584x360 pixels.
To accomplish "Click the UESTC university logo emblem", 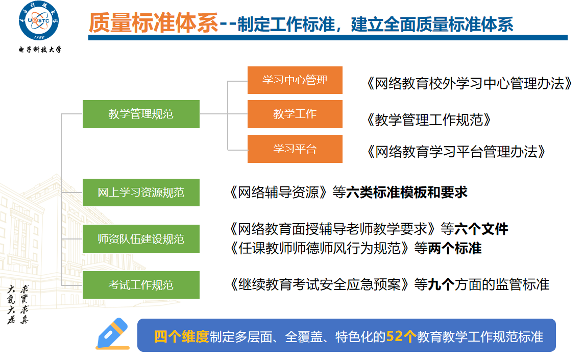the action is coord(39,20).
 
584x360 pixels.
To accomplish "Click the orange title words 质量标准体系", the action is coord(154,23).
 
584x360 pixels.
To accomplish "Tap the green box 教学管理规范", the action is coord(141,114).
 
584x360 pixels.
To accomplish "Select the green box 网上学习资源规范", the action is coord(141,193).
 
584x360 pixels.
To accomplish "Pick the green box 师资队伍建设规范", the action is coord(141,238).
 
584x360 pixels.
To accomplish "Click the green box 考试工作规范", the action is coord(141,285).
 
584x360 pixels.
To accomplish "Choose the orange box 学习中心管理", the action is coord(295,80).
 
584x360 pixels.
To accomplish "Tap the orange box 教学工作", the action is coord(295,114).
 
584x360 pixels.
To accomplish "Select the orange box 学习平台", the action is coord(295,149).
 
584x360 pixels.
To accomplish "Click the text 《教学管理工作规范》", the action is coord(428,120).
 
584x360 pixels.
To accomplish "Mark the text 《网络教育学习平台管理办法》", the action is coord(456,152).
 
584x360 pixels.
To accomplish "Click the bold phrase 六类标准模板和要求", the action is coord(407,193).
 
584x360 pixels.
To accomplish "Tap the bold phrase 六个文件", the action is coord(481,229).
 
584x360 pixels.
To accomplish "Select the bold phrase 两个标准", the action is coord(455,248).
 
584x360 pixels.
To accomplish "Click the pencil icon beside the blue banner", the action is coord(113,334).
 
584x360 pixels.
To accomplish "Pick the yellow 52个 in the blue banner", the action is coord(401,337).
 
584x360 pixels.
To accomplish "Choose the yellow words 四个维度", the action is coord(181,337).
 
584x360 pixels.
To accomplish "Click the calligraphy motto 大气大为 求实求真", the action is coord(18,304).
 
